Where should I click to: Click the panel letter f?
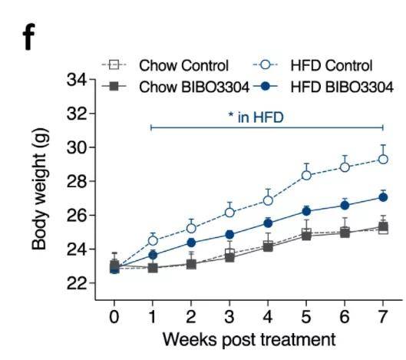[28, 37]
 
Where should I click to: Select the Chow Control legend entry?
[165, 65]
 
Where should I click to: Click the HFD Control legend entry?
[312, 65]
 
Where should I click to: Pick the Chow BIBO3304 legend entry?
[176, 87]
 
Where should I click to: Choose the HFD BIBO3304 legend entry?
[323, 87]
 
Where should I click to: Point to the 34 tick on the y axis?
[78, 80]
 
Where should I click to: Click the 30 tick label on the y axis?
[78, 147]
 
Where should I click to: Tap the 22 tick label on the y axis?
[78, 283]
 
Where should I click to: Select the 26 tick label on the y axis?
[78, 216]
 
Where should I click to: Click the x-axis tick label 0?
[114, 316]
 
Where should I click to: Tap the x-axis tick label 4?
[268, 316]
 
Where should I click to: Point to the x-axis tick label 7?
[383, 316]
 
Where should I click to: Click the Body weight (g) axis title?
[39, 190]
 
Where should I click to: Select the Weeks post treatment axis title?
[249, 339]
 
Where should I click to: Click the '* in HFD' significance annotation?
[256, 117]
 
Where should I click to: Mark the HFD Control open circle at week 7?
[383, 160]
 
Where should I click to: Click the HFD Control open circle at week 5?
[306, 175]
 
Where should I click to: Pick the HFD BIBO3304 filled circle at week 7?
[383, 197]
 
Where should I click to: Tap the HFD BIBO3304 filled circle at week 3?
[229, 235]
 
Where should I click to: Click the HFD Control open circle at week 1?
[153, 240]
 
